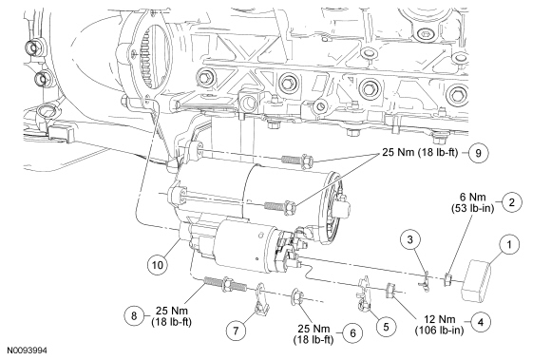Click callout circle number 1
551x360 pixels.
pos(509,244)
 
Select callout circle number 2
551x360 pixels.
pos(512,202)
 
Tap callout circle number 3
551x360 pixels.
pos(410,239)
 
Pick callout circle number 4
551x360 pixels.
pos(481,322)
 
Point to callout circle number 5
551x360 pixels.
pos(386,327)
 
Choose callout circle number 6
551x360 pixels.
pos(352,332)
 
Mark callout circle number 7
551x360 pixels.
pos(236,331)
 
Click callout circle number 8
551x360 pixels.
pos(134,315)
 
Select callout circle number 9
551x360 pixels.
pos(478,153)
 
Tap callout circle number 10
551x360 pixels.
pos(157,264)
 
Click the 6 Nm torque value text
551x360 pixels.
pos(473,197)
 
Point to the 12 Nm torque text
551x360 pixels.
pos(439,319)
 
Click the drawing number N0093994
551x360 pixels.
pos(27,351)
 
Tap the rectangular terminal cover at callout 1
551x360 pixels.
pos(475,280)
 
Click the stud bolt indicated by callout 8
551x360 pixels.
pos(225,284)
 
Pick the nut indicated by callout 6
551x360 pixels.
pos(296,296)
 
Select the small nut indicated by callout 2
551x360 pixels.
pos(447,279)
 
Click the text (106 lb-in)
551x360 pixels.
pos(439,331)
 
